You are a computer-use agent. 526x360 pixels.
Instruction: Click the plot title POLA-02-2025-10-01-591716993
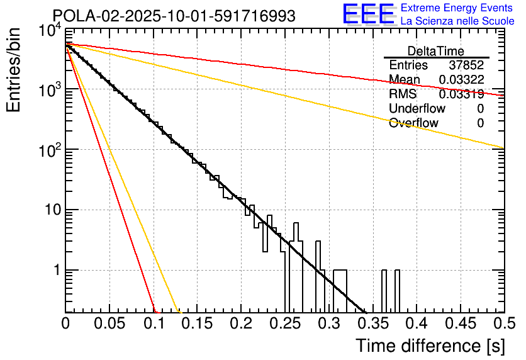click(x=174, y=16)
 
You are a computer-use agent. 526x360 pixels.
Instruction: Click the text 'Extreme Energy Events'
click(x=457, y=8)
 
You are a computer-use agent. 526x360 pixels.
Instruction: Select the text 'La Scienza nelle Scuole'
click(x=457, y=21)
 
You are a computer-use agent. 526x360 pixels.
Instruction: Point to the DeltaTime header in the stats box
click(x=436, y=51)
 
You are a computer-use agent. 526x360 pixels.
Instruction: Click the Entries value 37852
click(x=466, y=65)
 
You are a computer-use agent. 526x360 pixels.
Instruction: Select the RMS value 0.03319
click(x=462, y=94)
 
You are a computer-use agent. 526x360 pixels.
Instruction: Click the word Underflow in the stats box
click(x=417, y=108)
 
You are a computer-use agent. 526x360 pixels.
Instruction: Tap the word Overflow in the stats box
click(x=413, y=123)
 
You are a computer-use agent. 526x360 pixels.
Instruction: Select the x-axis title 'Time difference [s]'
click(x=430, y=346)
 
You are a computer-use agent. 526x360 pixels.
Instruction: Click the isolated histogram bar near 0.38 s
click(x=397, y=291)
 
